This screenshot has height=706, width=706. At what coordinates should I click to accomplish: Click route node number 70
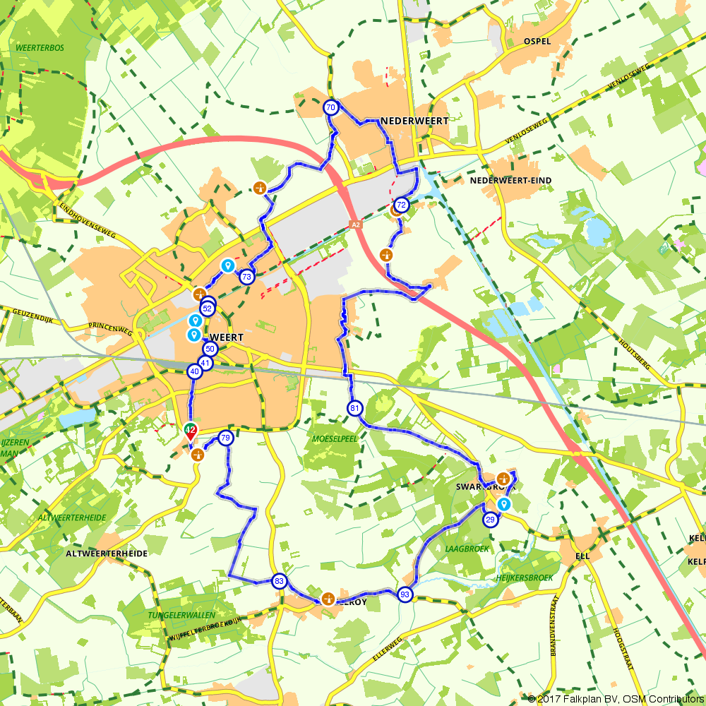click(330, 108)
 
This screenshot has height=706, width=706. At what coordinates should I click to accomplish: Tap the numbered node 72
click(401, 205)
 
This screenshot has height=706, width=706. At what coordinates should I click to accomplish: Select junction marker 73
click(246, 277)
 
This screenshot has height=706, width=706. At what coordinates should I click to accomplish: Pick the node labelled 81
click(354, 408)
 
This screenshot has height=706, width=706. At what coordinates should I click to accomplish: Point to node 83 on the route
click(280, 581)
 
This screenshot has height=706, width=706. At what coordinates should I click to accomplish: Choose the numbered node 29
click(491, 520)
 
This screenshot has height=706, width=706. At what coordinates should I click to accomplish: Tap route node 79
click(225, 438)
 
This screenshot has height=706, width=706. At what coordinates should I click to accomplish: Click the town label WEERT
click(226, 338)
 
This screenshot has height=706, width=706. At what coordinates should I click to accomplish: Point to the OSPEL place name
click(537, 42)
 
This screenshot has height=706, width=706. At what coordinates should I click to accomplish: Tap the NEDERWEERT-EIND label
click(511, 181)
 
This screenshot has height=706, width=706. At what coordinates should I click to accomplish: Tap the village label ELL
click(582, 556)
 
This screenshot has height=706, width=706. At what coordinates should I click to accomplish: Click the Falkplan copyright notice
click(616, 698)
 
